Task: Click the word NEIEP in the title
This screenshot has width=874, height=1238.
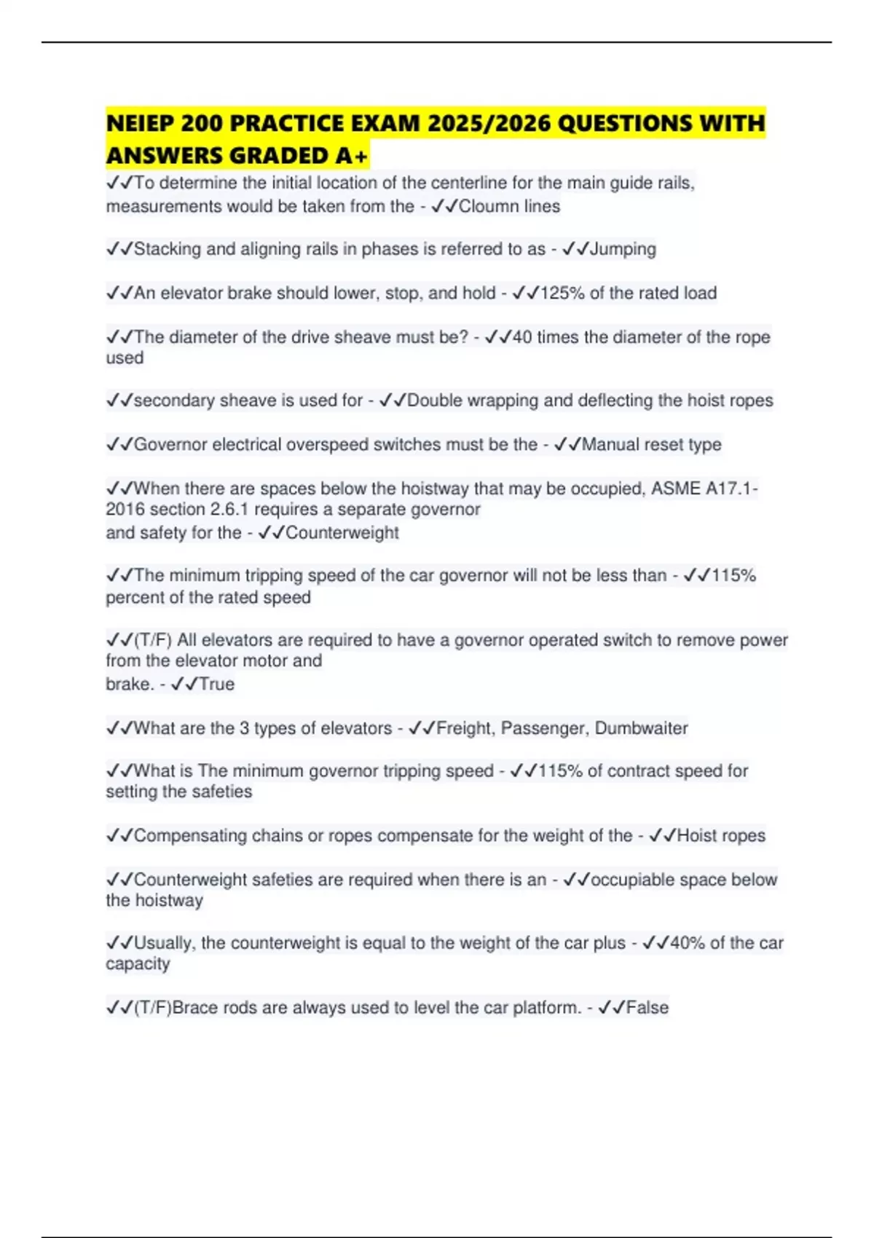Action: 140,124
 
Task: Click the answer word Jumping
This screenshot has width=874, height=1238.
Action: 623,249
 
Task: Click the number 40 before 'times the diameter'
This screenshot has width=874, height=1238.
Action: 522,337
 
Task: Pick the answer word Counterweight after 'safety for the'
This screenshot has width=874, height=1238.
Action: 342,533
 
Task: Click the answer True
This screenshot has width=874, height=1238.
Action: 216,685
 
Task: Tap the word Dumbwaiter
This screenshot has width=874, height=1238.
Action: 641,728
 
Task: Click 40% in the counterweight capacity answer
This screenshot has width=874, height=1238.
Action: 687,943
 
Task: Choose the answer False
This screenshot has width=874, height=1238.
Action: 647,1008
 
